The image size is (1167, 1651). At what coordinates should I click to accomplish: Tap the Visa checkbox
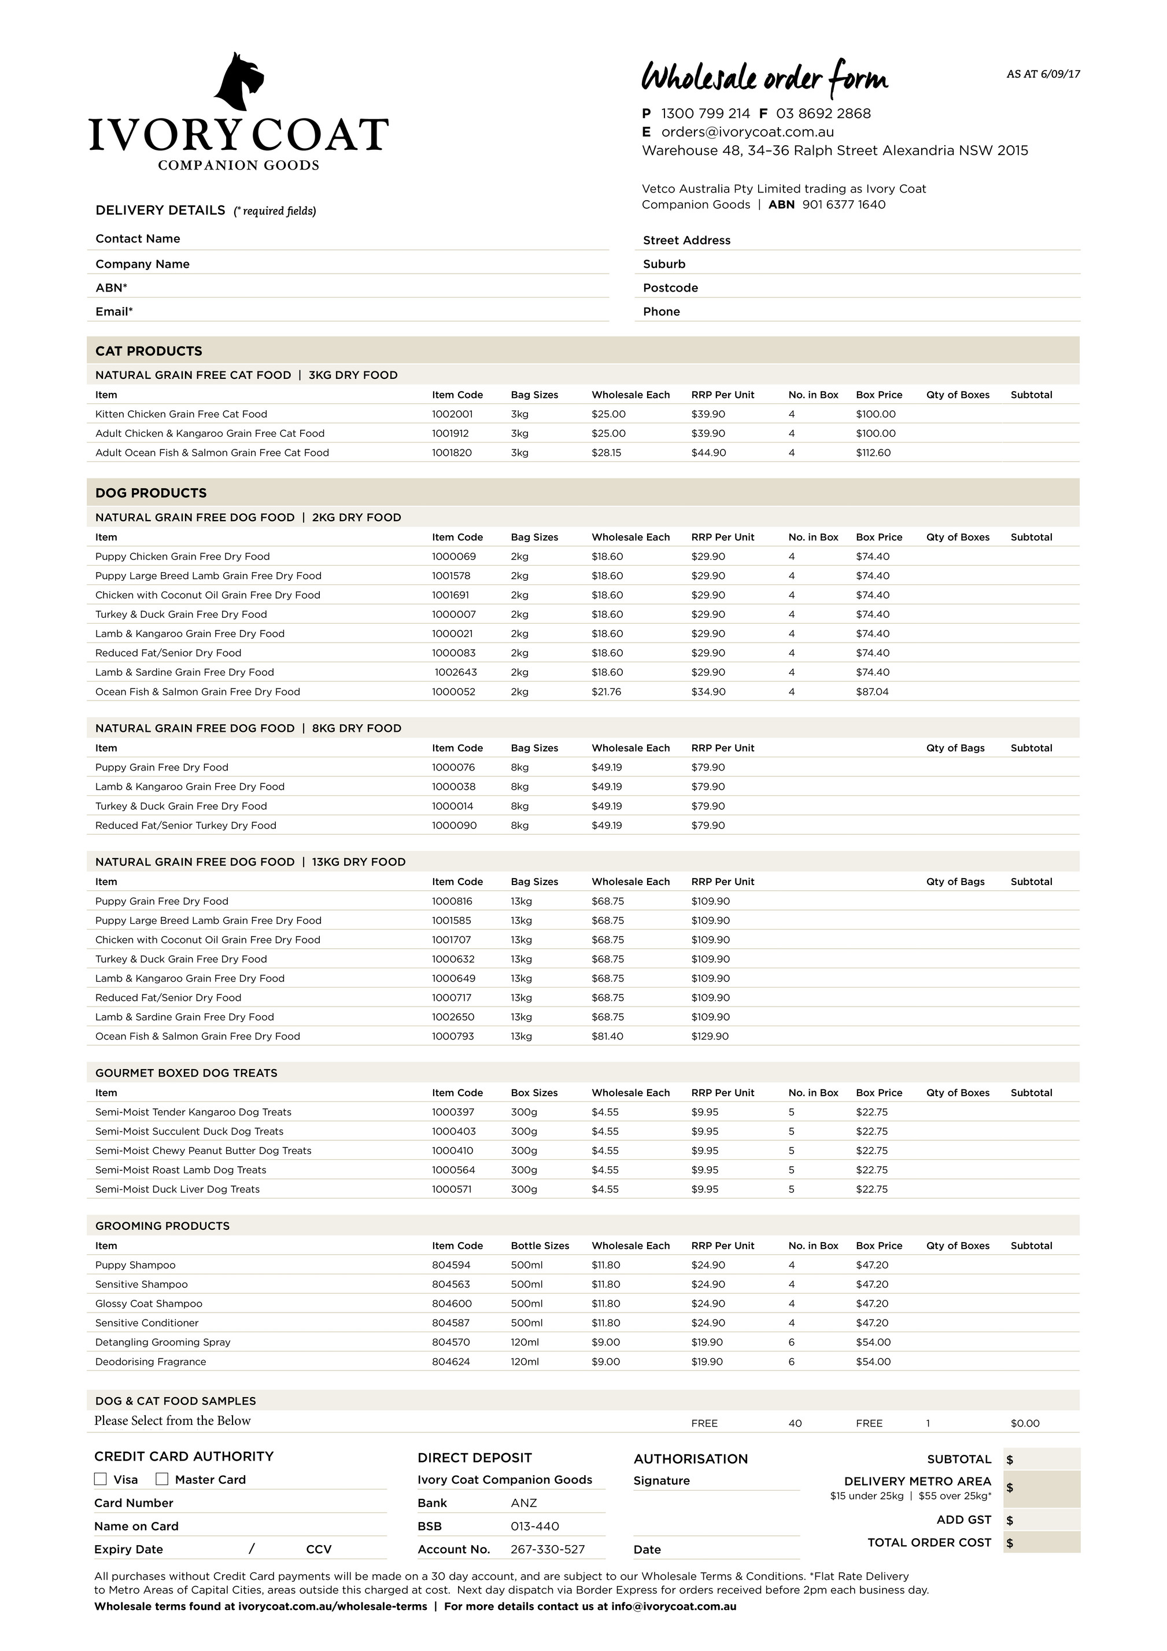click(x=101, y=1479)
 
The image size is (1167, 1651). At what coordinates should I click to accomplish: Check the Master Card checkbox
click(x=163, y=1479)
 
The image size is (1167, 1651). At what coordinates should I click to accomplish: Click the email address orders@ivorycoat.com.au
click(x=747, y=131)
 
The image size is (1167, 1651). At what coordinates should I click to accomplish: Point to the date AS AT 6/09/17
click(x=1043, y=74)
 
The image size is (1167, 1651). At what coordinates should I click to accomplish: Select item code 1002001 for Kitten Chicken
click(x=452, y=414)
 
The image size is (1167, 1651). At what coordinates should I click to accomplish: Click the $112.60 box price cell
click(x=873, y=453)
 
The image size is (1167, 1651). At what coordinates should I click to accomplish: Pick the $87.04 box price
click(x=871, y=692)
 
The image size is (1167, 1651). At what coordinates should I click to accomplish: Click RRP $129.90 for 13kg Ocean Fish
click(x=710, y=1036)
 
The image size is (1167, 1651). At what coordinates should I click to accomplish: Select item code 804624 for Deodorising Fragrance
click(x=451, y=1362)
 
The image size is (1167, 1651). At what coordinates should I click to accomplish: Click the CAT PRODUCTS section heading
click(x=149, y=351)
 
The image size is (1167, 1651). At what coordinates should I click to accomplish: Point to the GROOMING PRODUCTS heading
click(x=163, y=1226)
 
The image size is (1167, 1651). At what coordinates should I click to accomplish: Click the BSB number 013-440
click(x=534, y=1527)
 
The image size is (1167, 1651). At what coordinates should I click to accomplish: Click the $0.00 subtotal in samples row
click(x=1025, y=1424)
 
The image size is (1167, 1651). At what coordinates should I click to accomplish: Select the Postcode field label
click(x=670, y=288)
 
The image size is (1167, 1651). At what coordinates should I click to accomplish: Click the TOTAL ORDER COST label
click(x=929, y=1542)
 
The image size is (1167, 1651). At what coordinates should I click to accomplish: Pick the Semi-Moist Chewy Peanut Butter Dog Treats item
click(x=204, y=1151)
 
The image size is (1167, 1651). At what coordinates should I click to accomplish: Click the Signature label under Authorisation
click(x=661, y=1480)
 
